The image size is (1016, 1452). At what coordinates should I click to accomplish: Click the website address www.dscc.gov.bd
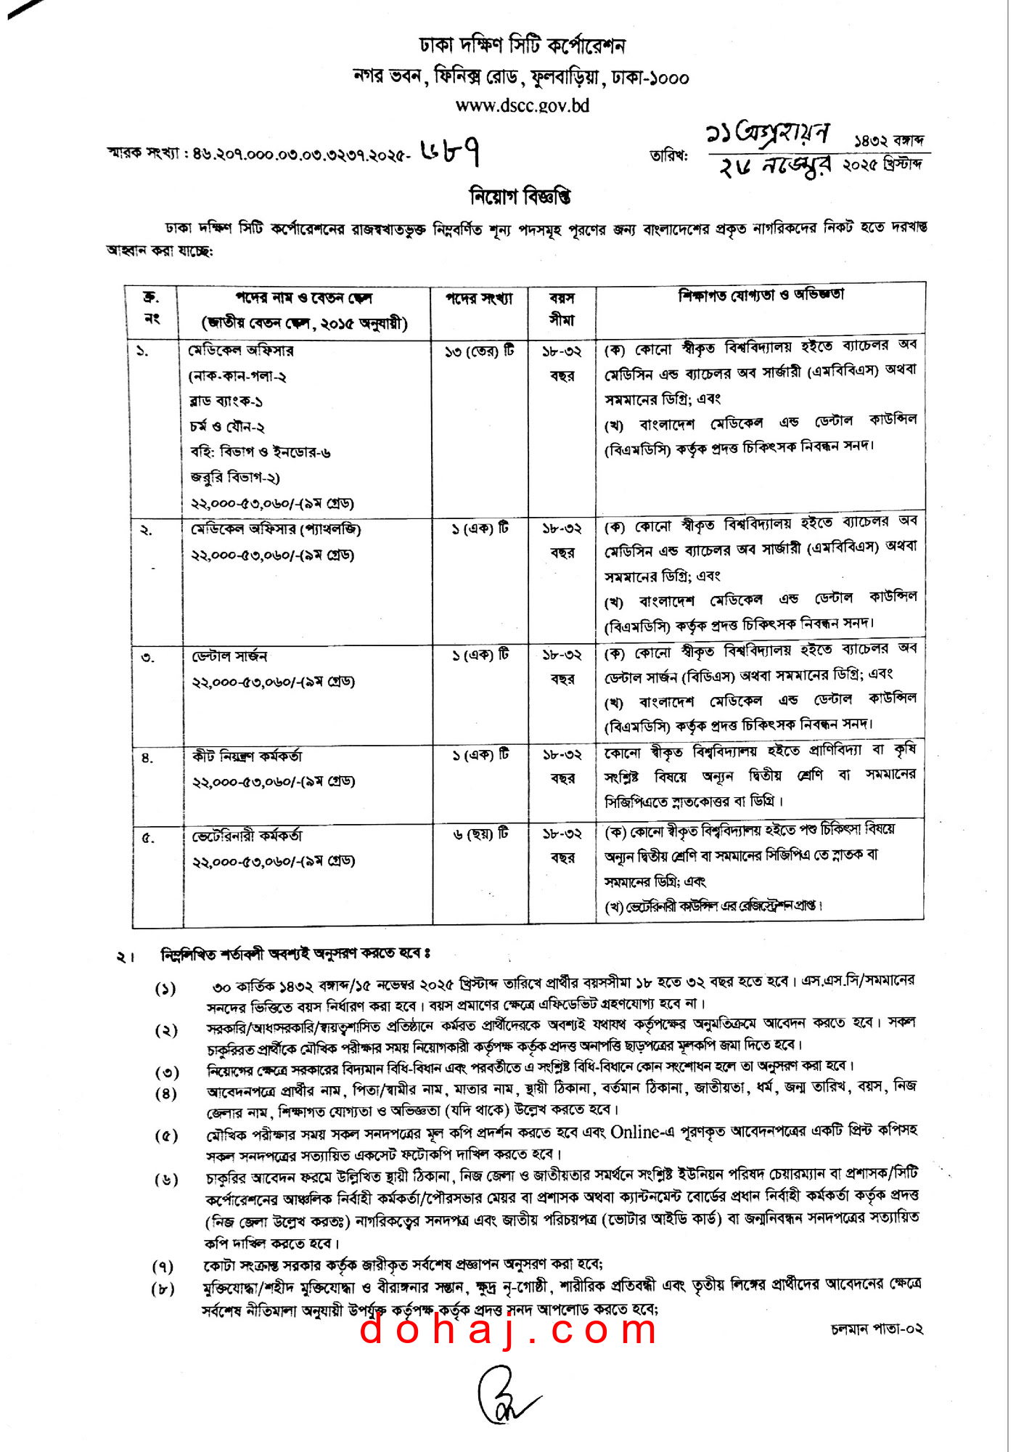[x=522, y=105]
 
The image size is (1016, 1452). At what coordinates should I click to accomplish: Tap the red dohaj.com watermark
[x=508, y=1330]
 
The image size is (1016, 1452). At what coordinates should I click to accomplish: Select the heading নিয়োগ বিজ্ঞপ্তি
[x=520, y=196]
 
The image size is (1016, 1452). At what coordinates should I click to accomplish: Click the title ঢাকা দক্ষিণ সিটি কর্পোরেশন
[x=522, y=45]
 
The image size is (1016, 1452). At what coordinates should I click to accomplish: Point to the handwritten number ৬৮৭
[x=450, y=151]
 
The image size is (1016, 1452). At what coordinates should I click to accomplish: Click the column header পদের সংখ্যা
[x=479, y=298]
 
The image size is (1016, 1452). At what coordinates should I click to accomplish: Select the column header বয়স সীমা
[x=562, y=309]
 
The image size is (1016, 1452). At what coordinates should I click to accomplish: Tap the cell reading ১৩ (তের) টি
[x=479, y=351]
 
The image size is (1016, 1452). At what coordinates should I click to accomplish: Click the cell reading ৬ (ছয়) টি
[x=480, y=834]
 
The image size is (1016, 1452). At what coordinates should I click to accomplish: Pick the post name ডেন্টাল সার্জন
[x=229, y=656]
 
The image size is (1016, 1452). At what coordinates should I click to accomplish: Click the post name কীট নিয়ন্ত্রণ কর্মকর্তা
[x=247, y=756]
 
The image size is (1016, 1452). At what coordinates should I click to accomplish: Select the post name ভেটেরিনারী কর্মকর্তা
[x=247, y=836]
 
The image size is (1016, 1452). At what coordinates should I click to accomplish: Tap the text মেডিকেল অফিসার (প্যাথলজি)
[x=275, y=529]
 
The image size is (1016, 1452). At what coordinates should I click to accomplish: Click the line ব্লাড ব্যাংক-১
[x=226, y=401]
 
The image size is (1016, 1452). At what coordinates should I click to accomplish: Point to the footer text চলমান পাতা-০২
[x=877, y=1329]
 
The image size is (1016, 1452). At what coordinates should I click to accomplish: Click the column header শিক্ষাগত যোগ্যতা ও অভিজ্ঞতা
[x=761, y=295]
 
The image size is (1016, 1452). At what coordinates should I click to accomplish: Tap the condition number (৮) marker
[x=164, y=1289]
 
